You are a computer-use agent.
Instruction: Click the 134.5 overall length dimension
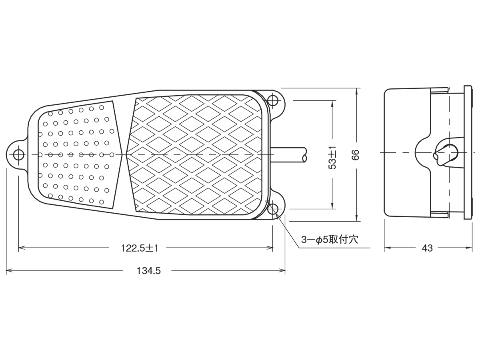149,271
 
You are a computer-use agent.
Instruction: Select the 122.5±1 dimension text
140,248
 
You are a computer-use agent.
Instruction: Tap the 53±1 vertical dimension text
333,157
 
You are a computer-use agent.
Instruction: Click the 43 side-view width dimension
427,248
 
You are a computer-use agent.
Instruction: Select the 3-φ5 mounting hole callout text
330,240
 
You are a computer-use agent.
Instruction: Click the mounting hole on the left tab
18,155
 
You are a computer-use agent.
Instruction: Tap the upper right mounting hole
273,100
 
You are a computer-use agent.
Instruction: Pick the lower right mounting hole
273,209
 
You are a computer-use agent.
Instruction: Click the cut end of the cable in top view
304,155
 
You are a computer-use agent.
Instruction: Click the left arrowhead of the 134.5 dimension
9,271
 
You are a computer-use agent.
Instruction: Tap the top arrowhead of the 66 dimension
357,91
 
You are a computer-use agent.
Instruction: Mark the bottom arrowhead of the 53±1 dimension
332,206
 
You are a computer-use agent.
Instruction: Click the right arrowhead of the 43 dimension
469,248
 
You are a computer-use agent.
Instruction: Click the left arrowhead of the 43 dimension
388,248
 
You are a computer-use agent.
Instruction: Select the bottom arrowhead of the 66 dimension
357,218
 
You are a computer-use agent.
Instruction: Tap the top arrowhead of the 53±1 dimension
332,104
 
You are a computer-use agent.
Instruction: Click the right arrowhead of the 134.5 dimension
282,271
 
